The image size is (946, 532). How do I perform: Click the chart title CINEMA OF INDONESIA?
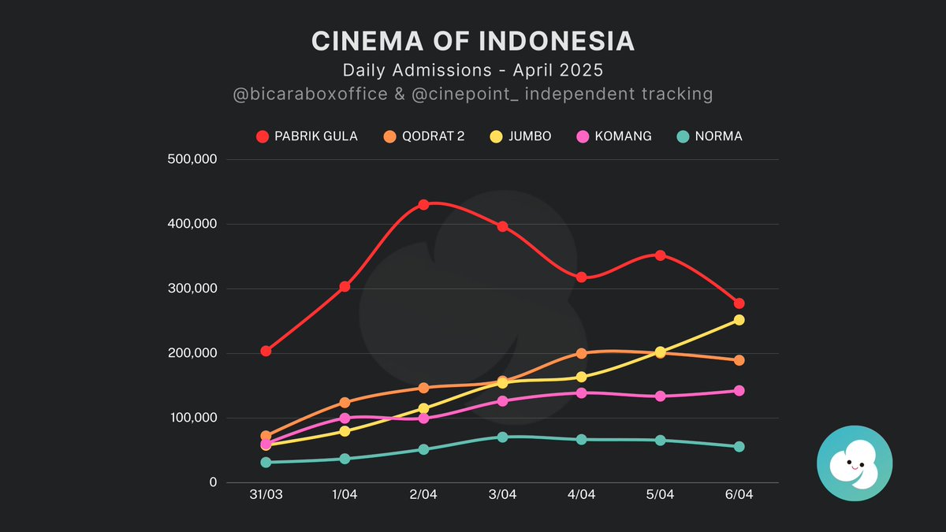(473, 41)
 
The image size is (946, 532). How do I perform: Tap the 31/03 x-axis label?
(266, 495)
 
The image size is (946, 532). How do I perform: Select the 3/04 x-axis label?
(502, 495)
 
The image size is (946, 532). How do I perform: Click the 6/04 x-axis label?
(739, 495)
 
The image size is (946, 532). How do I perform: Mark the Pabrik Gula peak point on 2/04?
(423, 204)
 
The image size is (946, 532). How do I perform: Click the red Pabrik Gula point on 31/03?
(266, 351)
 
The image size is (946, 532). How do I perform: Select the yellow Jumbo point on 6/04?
(739, 320)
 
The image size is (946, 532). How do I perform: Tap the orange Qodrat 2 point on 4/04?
(581, 354)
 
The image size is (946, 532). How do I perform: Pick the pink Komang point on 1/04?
(345, 418)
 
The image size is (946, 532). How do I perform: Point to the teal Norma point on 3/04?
(502, 437)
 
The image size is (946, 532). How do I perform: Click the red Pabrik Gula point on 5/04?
(660, 255)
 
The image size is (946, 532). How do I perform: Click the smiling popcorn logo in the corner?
(855, 463)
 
